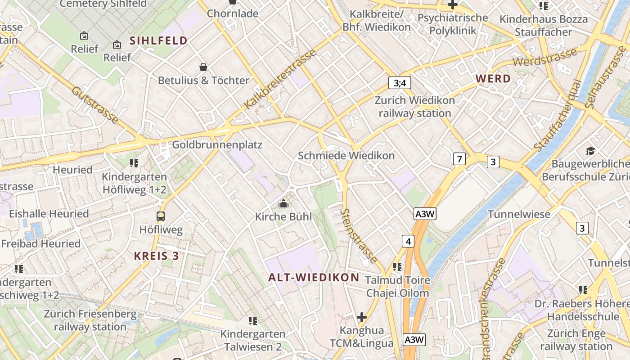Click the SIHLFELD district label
(x=158, y=40)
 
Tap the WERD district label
(x=493, y=79)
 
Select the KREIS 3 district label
(x=156, y=256)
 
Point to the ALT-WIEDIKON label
(x=314, y=277)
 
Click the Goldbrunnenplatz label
(x=217, y=145)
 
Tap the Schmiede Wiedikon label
(x=346, y=156)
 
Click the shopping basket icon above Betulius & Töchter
(x=203, y=67)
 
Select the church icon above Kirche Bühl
(x=283, y=204)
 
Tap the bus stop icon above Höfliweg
(x=161, y=216)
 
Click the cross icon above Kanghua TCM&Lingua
(x=361, y=318)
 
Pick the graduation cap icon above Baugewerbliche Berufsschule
(x=590, y=151)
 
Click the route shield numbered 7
(x=459, y=159)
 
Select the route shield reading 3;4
(x=400, y=83)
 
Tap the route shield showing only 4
(x=408, y=241)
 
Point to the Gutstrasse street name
(x=95, y=105)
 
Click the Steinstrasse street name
(x=359, y=235)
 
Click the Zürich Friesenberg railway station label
(x=90, y=320)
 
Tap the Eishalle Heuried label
(x=49, y=214)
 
